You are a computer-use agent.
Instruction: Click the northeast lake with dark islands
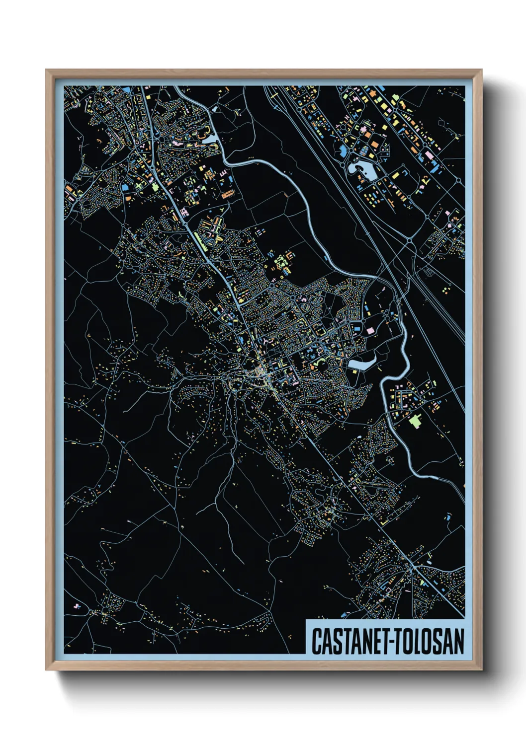(365, 171)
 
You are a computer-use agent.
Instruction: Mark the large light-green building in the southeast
(416, 421)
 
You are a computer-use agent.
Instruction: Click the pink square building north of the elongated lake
(370, 330)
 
